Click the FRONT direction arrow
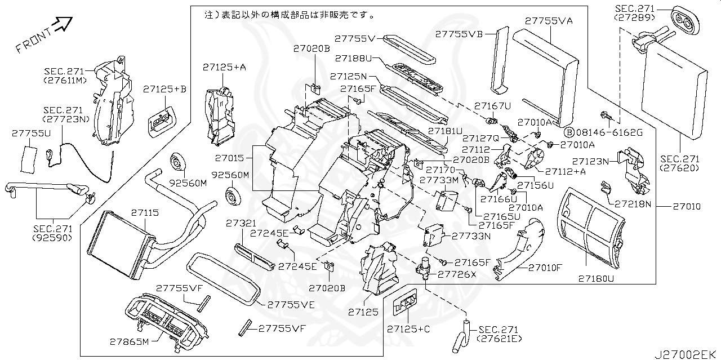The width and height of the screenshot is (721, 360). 63,25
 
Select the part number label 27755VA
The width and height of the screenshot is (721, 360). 549,21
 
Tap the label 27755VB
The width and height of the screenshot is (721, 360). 459,34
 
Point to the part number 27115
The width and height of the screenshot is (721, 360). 145,212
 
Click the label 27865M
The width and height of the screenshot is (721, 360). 129,342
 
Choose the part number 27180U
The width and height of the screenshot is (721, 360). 596,278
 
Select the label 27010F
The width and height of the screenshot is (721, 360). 545,268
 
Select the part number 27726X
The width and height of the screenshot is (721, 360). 457,274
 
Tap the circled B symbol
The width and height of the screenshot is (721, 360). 569,132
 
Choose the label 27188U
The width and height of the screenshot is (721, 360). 353,58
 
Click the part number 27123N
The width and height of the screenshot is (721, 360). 591,161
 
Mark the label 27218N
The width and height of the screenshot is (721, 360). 633,203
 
